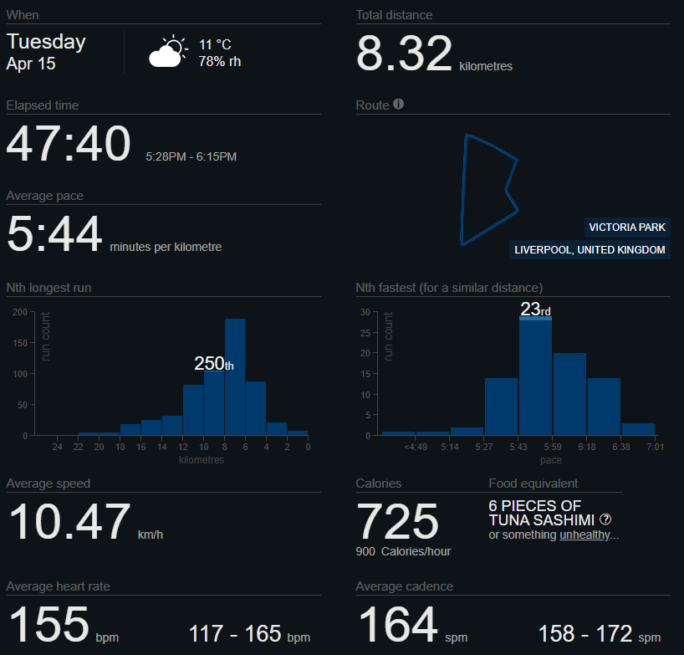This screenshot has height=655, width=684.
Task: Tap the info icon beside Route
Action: click(399, 105)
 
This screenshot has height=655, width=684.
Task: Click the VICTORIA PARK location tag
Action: click(627, 228)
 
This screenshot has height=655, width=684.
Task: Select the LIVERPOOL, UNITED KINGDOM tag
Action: click(590, 250)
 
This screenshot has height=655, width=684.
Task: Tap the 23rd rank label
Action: click(535, 310)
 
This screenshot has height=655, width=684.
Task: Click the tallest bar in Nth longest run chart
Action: click(235, 376)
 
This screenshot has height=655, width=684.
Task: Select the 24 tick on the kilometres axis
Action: click(57, 448)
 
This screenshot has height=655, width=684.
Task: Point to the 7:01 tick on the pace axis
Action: click(656, 448)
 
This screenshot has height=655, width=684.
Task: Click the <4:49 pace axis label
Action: click(416, 448)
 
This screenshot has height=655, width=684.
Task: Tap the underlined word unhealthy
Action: click(585, 535)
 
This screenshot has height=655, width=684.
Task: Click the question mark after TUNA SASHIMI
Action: click(605, 519)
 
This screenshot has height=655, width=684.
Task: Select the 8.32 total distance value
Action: click(404, 54)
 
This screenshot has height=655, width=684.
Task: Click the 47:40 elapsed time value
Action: click(69, 144)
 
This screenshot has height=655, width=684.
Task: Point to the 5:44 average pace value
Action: click(54, 234)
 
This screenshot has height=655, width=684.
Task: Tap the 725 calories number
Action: click(398, 522)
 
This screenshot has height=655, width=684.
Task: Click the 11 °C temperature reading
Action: click(215, 44)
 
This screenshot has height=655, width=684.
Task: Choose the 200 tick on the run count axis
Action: click(19, 312)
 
